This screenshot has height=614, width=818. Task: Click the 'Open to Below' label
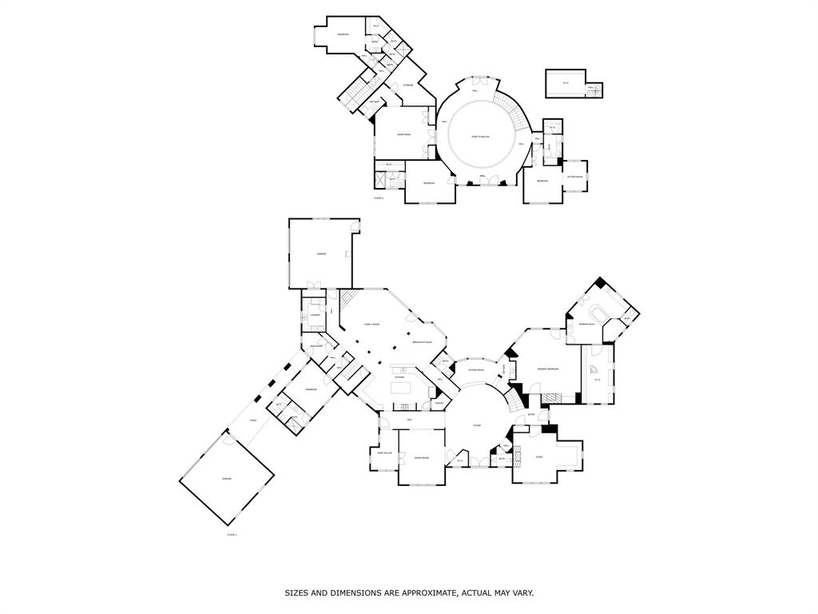[479, 137]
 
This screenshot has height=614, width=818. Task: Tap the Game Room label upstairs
[404, 134]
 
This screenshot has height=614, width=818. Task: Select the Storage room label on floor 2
[408, 85]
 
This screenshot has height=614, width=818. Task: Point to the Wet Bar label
[374, 102]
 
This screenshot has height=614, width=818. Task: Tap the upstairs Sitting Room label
[575, 177]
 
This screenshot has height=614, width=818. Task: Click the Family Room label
[371, 324]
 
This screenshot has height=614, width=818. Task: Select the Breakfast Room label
[423, 342]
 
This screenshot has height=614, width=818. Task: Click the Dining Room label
[421, 458]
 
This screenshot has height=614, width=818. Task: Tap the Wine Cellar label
[386, 453]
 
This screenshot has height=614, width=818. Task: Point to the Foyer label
[476, 425]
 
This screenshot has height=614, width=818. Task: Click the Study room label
[539, 457]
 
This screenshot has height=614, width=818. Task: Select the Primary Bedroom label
[547, 369]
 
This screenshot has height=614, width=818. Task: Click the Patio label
[253, 420]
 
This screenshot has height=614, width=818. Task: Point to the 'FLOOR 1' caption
[232, 533]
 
